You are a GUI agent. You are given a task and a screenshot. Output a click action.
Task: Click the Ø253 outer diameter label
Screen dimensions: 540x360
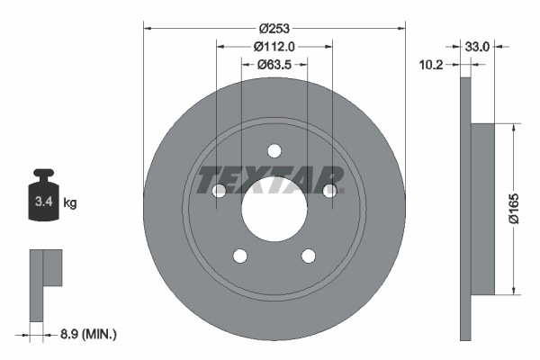tap(274, 29)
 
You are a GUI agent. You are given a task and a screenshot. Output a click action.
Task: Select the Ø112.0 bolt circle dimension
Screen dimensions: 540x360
tap(274, 47)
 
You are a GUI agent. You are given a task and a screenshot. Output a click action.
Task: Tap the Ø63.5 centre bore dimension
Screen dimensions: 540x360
tap(274, 65)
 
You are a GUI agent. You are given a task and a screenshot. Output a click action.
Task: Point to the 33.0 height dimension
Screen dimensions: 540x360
tap(477, 47)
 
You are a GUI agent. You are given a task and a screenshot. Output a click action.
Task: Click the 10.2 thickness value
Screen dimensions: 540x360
tap(431, 65)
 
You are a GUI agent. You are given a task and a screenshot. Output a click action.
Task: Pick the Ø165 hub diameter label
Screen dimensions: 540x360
tap(514, 209)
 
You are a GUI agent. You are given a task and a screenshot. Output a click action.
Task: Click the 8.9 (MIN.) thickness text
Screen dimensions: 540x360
tap(88, 334)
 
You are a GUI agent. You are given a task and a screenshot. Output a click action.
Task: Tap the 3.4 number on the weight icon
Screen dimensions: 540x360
tap(44, 202)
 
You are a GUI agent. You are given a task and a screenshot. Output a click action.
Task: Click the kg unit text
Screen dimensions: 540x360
tap(70, 202)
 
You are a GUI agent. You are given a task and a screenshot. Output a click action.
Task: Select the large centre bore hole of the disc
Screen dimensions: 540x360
tap(274, 209)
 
